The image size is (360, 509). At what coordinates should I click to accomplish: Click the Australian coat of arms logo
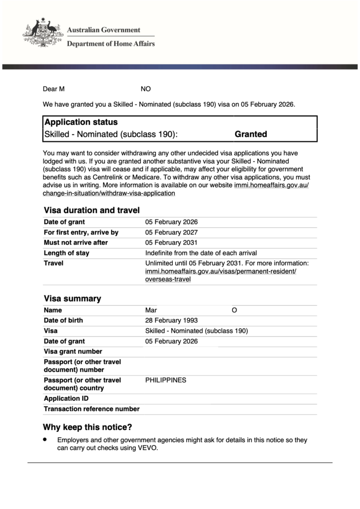coord(42,33)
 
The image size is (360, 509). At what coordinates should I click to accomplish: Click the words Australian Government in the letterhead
coord(103,30)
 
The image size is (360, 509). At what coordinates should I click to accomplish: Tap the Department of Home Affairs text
coord(111,43)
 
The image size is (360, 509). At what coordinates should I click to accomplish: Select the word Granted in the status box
coord(251,134)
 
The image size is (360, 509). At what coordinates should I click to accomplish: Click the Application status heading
coord(81,122)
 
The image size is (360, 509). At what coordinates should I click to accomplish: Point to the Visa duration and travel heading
coord(92,210)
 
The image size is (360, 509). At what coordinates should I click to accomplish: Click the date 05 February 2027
coord(171,232)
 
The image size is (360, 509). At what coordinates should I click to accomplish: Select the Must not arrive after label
coord(76,243)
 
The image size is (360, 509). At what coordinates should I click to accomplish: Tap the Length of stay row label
coord(67,253)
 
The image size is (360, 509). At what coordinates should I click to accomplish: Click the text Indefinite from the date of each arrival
coord(201,253)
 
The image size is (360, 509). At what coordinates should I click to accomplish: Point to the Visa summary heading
coord(73,298)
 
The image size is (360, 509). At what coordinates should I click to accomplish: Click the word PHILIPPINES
coord(166,380)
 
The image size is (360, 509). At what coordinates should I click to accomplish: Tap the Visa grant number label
coord(73,351)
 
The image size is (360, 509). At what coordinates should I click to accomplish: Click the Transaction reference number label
coord(92,409)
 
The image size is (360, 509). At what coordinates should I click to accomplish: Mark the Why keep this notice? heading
coord(87,427)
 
